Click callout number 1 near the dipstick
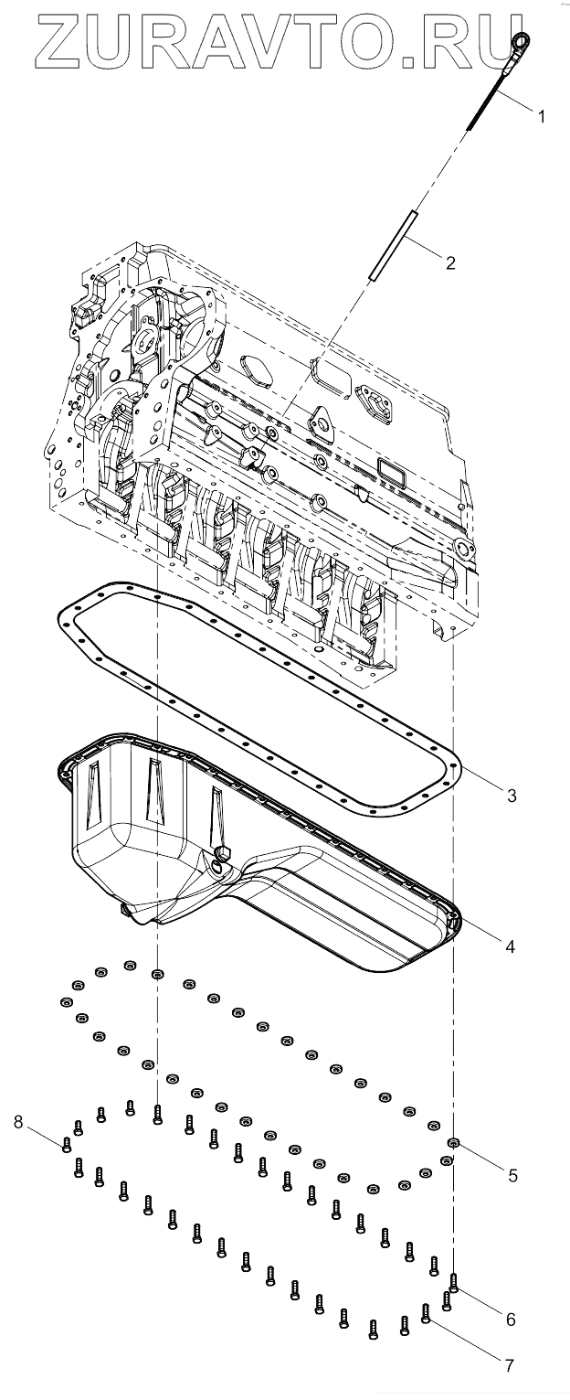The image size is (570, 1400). click(541, 116)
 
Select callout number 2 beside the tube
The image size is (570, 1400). click(449, 263)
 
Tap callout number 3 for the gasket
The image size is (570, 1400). click(512, 796)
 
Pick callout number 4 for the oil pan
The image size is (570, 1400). click(510, 946)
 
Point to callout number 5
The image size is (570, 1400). click(512, 1175)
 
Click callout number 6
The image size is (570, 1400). click(511, 1319)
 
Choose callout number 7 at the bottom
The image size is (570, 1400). click(509, 1365)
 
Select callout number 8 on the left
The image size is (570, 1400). click(18, 1121)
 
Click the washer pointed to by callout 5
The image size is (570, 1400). click(454, 1142)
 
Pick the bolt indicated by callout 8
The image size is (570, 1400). click(66, 1143)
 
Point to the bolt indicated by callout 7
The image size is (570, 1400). click(426, 1313)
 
